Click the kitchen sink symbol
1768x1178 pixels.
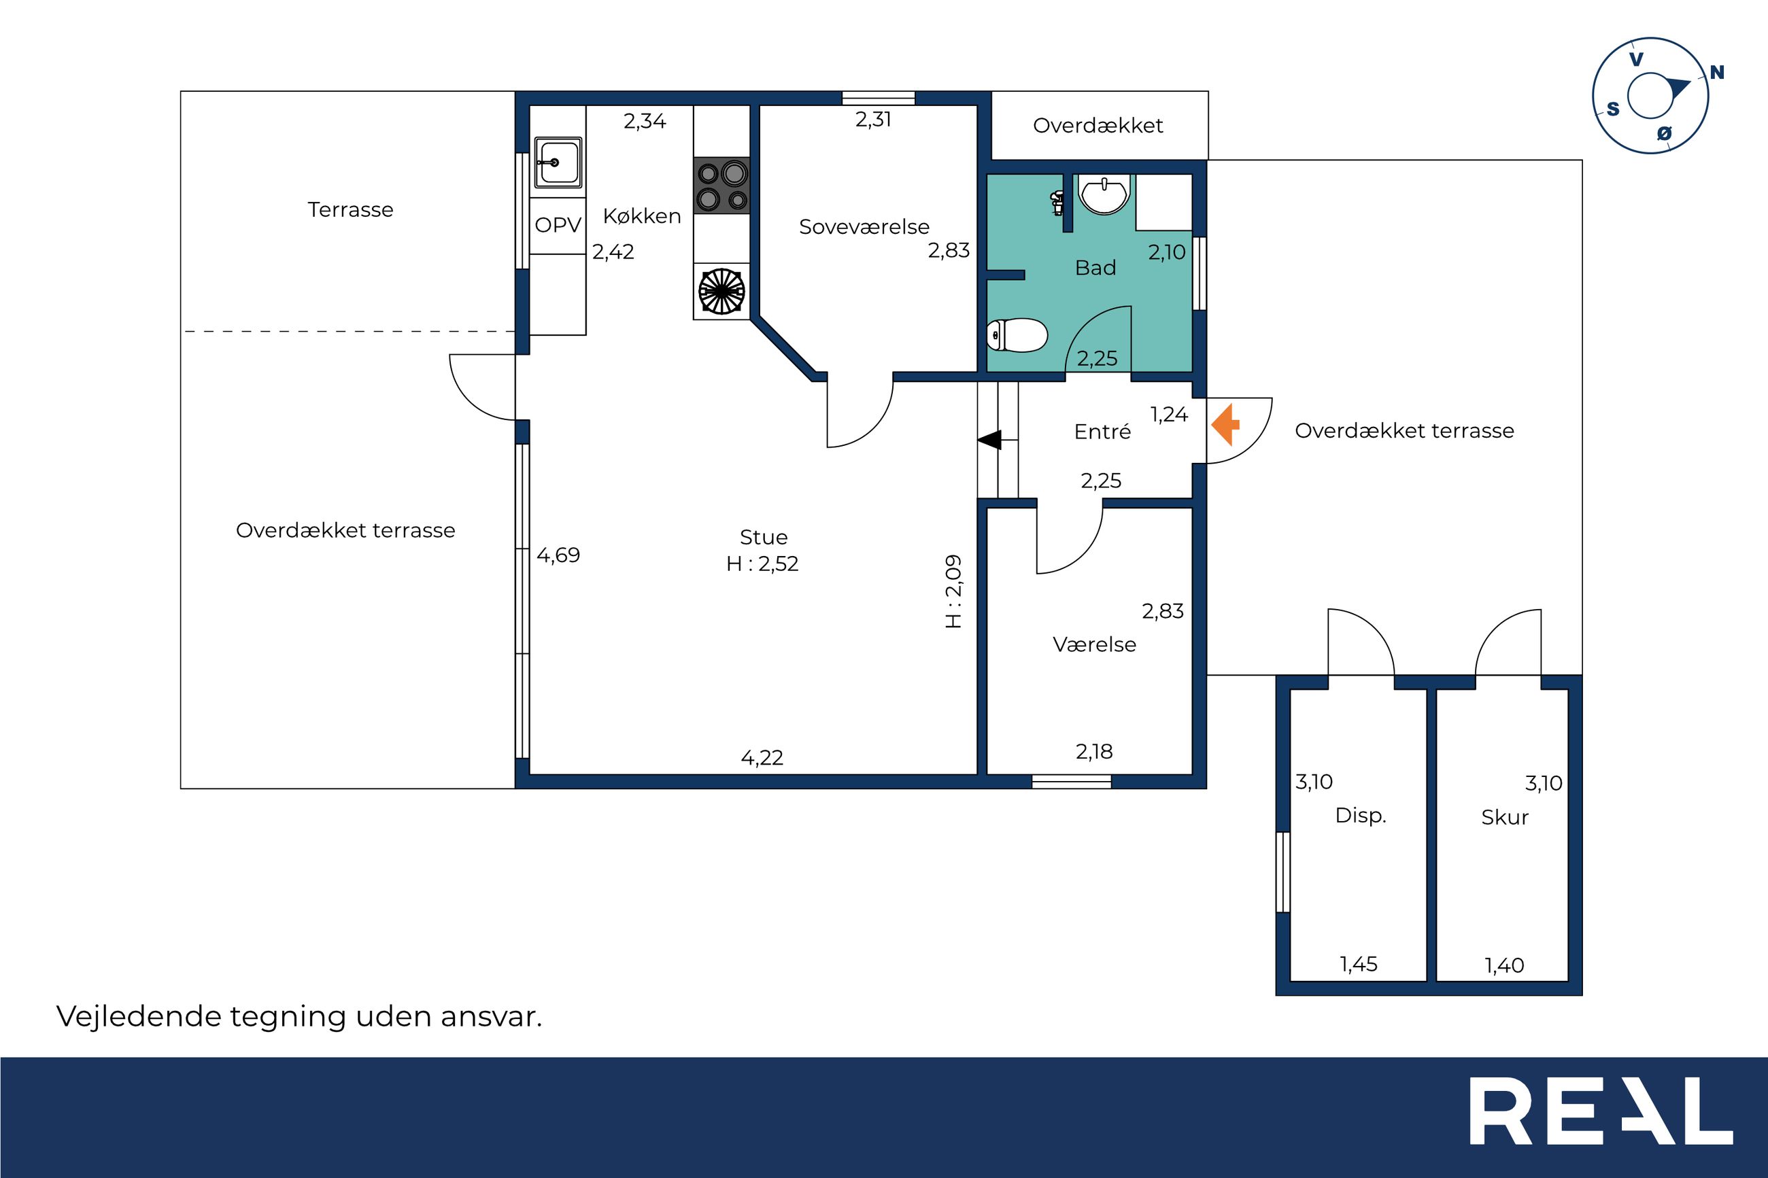[558, 162]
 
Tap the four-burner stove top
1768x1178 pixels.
[721, 186]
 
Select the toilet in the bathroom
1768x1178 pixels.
[1017, 335]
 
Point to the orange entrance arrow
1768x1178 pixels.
[1225, 424]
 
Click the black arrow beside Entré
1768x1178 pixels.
[989, 440]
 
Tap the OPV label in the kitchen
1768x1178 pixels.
[558, 224]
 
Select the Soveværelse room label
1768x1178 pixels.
[864, 227]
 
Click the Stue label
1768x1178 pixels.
[764, 537]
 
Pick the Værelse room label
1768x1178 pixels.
[1094, 644]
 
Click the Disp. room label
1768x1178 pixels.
[1361, 816]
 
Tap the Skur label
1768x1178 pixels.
[1505, 817]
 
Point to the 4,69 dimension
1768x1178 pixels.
[558, 556]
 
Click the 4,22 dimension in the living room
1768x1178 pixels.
[762, 758]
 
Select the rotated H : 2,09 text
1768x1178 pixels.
[953, 591]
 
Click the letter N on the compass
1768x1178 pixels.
[1717, 73]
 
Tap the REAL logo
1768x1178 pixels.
[1601, 1111]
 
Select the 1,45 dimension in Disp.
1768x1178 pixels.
[1359, 965]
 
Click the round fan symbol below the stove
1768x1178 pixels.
[721, 292]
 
